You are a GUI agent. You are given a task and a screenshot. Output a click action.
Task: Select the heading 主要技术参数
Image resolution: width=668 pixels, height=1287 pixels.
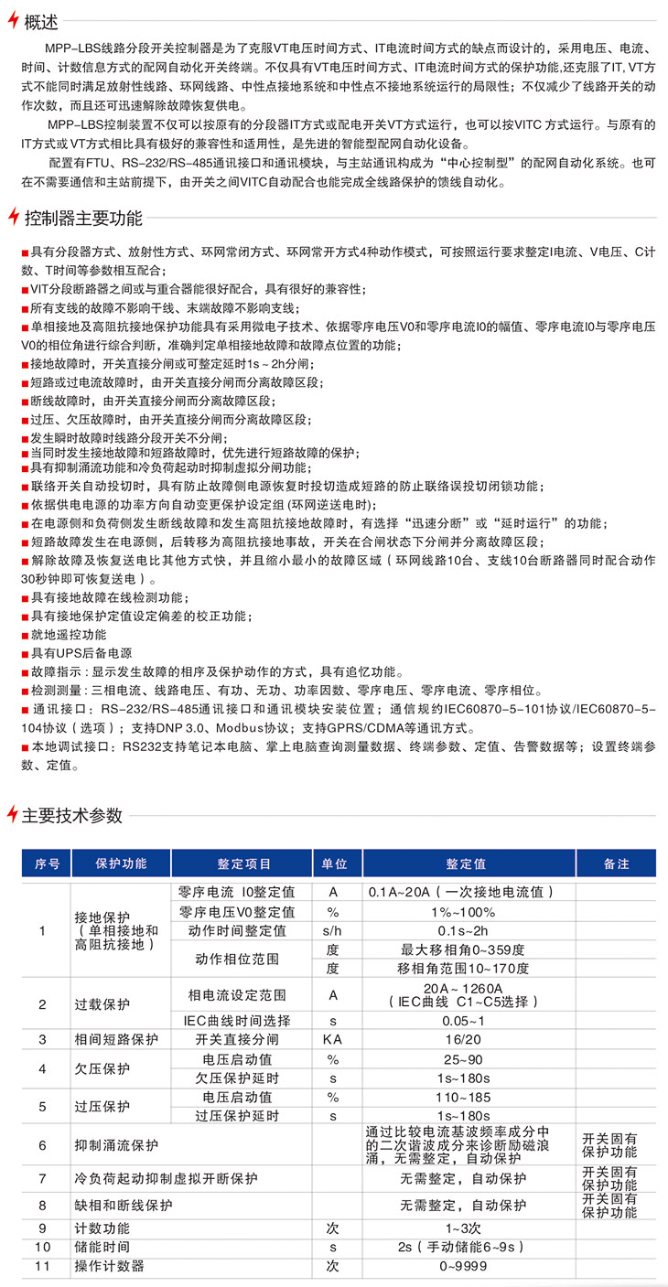point(70,814)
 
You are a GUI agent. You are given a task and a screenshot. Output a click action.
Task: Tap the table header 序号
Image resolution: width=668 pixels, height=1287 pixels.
point(47,863)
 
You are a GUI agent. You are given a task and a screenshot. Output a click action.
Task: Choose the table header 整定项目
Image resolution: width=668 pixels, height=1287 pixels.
point(243,863)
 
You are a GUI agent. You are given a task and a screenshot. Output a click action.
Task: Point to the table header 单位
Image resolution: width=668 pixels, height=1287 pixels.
point(335,863)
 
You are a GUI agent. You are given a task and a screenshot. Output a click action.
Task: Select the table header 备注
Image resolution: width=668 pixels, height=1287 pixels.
point(616,863)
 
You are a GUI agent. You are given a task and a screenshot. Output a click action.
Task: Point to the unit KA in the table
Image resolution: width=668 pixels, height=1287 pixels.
point(333,1039)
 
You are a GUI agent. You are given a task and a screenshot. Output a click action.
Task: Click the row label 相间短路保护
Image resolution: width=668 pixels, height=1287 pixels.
point(116,1039)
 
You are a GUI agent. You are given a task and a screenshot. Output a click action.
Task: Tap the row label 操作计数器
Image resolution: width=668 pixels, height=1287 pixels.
point(109,1266)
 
